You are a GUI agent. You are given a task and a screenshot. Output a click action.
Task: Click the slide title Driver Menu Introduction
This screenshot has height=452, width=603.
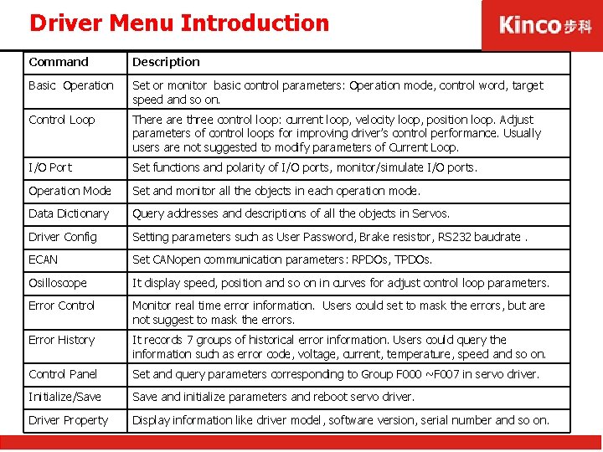coord(179,23)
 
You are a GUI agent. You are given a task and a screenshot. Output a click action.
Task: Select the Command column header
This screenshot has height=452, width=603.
coord(59,62)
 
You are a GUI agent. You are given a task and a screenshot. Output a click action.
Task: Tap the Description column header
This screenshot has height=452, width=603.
coord(166,62)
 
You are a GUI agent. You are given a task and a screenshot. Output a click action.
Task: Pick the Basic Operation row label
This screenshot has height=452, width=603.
coord(71,85)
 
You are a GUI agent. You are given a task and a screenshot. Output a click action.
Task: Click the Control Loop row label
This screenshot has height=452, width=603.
coord(62,120)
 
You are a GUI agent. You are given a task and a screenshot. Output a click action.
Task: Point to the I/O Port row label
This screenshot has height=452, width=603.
coord(50,167)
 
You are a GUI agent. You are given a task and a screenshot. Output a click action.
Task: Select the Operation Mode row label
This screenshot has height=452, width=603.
coord(70,191)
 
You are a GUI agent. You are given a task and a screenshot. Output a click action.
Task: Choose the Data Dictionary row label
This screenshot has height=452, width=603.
coord(69,213)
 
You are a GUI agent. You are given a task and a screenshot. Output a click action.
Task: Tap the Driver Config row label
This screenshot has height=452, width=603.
coord(63,237)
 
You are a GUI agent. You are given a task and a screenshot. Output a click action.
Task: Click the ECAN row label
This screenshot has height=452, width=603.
coord(44,259)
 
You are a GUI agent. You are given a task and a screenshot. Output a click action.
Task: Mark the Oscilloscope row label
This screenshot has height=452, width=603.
coord(58,283)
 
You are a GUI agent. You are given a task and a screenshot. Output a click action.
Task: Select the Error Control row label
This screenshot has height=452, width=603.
coord(62,306)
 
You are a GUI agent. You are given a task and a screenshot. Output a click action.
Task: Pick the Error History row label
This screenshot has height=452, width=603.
coord(62,340)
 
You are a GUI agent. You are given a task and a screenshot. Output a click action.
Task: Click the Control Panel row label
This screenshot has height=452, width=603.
coord(63,374)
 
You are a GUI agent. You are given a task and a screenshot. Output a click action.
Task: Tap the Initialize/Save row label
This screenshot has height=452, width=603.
coord(64,397)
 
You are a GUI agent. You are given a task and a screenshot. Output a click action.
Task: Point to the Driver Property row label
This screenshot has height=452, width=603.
coord(69,420)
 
